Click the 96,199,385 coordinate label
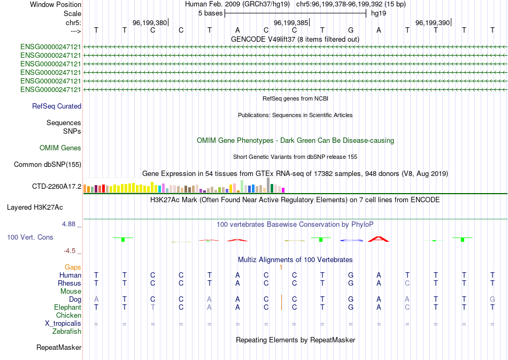pos(291,22)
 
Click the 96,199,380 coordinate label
pos(150,22)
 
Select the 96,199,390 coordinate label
pos(433,22)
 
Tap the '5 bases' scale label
pos(211,13)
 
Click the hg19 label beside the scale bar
pos(379,13)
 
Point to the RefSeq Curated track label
pos(57,106)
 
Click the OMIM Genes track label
pos(60,148)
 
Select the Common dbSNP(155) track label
pos(47,165)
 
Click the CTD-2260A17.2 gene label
pos(57,187)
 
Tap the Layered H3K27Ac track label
pos(35,207)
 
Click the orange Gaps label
pos(73,267)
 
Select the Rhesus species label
pos(70,283)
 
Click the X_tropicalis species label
pos(63,324)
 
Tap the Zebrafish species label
pos(67,332)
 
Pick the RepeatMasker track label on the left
pos(59,348)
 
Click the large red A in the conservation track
pos(379,239)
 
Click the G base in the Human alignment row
pos(350,275)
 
